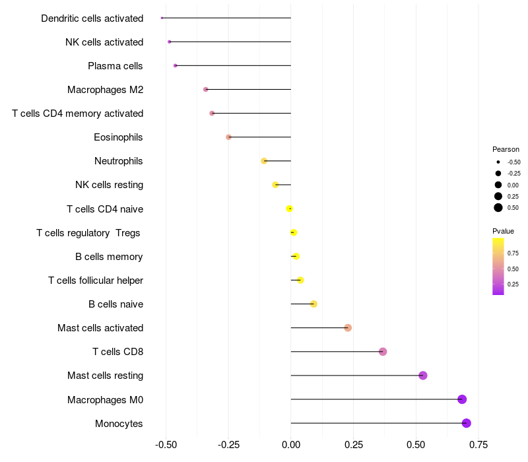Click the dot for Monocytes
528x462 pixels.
(467, 423)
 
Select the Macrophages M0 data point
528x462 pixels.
(462, 399)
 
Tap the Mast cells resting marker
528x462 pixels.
(423, 376)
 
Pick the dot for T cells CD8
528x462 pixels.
(383, 352)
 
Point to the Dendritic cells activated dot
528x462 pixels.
(162, 18)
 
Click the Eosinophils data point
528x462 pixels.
(228, 137)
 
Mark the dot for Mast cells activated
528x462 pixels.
(348, 328)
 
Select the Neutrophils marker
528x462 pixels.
(264, 161)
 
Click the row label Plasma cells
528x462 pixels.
(115, 66)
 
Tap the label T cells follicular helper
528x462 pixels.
(96, 280)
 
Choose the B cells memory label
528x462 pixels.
(109, 257)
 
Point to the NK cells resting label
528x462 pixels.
(109, 185)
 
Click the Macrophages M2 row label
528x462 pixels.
(105, 90)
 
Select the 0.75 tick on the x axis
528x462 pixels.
(478, 444)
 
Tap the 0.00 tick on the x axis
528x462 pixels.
(290, 444)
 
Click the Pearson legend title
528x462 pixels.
(506, 149)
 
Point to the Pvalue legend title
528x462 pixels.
(503, 231)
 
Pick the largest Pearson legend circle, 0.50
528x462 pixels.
(498, 208)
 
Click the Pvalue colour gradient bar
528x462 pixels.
(498, 266)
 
